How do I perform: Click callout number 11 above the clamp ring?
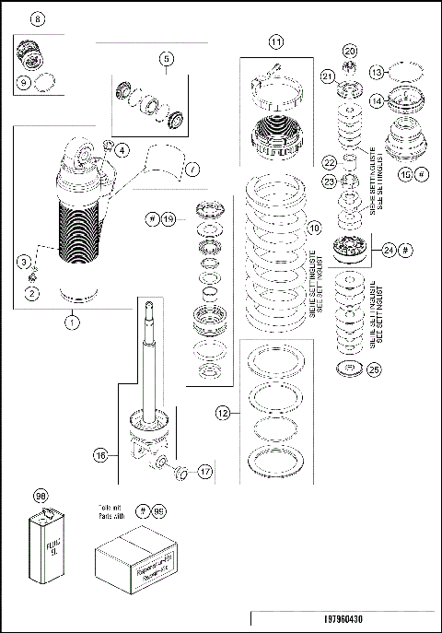coord(276,41)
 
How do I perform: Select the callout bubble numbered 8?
coord(37,19)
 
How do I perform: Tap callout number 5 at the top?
coord(166,59)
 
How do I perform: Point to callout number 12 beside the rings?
coord(222,415)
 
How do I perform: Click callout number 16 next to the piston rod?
coord(100,453)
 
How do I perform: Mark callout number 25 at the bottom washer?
coord(373,369)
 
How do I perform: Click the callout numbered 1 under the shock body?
coord(71,322)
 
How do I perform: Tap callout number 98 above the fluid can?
coord(40,496)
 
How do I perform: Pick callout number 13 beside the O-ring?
coord(401,72)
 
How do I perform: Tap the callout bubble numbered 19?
coord(168,218)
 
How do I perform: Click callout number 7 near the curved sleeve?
coord(192,169)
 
